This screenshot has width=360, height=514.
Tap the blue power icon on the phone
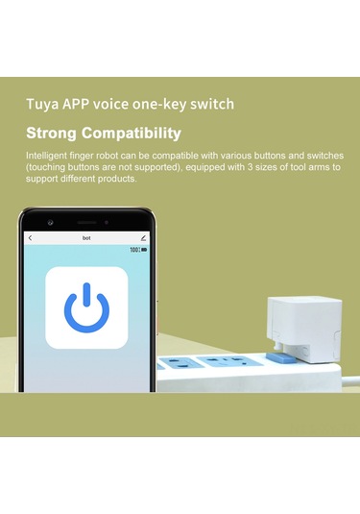click(86, 307)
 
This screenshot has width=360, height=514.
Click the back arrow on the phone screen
click(30, 237)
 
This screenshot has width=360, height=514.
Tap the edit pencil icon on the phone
click(143, 237)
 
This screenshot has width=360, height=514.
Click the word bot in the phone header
click(85, 237)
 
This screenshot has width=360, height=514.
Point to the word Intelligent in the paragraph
click(47, 156)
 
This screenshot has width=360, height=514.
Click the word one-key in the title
click(171, 104)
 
